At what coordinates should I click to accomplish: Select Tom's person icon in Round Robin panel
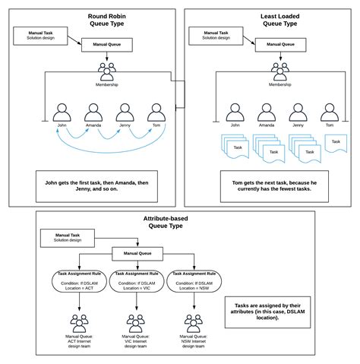(156, 110)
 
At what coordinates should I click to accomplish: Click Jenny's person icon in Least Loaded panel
(298, 110)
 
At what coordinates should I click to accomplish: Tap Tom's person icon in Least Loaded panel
(330, 110)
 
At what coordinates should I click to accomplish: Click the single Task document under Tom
(333, 141)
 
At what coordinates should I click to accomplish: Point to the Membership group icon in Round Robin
(107, 71)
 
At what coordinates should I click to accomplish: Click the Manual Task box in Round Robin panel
(39, 34)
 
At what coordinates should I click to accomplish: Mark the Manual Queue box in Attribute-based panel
(136, 254)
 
